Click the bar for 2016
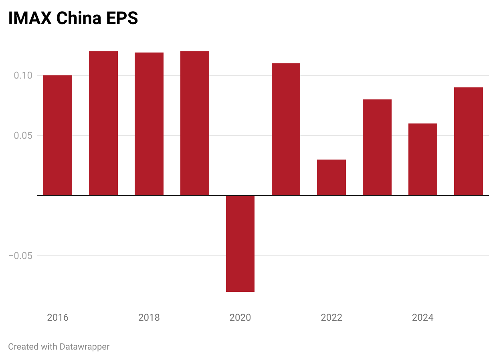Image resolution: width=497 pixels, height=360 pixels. tap(58, 135)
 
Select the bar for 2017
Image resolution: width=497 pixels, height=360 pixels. tap(103, 123)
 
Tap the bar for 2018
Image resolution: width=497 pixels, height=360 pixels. tap(149, 124)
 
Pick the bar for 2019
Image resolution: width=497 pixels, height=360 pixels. tap(195, 123)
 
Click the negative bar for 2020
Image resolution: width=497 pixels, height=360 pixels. tap(240, 244)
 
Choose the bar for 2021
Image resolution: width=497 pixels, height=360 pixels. tap(286, 129)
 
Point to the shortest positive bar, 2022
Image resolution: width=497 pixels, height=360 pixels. tap(331, 177)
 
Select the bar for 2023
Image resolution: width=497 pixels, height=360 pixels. tap(377, 147)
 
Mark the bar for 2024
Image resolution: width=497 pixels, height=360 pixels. tap(423, 159)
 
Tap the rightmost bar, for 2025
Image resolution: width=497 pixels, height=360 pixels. tap(469, 141)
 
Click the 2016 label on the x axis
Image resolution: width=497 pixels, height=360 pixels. tap(58, 318)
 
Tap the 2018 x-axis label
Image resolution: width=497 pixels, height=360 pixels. tap(149, 318)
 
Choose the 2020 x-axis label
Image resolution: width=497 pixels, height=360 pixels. tap(240, 318)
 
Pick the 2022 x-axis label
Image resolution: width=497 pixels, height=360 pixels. tap(331, 318)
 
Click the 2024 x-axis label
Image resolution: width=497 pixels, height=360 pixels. tap(423, 318)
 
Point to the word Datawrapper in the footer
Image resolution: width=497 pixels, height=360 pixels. tap(84, 346)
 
